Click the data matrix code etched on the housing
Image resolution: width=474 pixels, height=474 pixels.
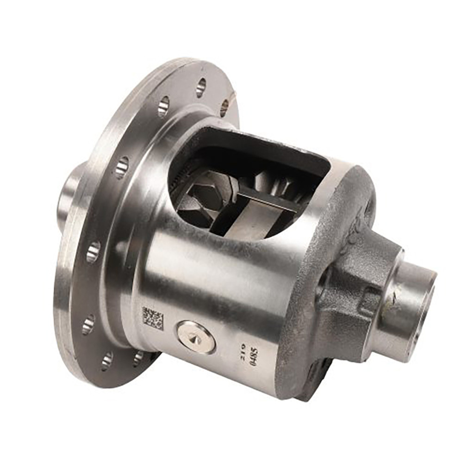coord(152,318)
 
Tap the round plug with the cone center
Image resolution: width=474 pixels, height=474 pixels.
coord(195,337)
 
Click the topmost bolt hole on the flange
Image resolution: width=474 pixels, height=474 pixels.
coord(201,87)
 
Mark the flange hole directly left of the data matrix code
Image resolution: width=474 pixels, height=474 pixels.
coord(88,324)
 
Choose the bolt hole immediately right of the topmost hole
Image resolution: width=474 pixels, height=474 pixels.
coord(225,107)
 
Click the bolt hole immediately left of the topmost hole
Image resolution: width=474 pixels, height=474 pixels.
coord(163,106)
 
